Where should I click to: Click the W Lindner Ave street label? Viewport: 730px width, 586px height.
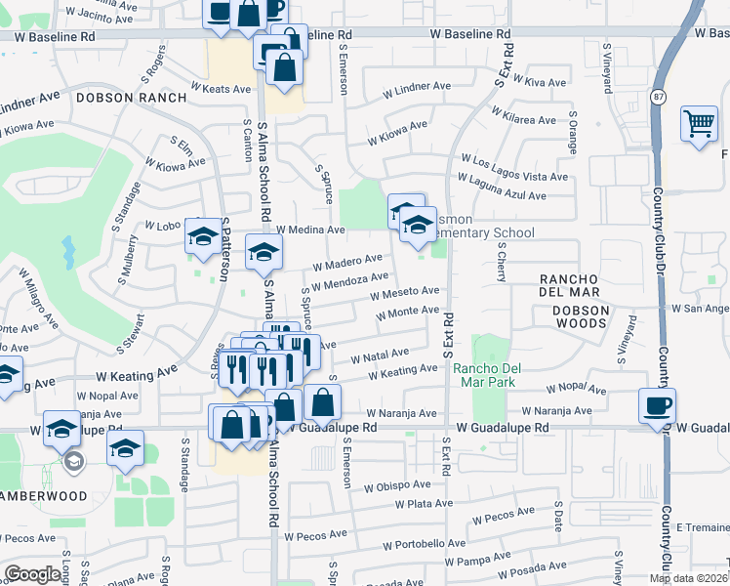coord(418,87)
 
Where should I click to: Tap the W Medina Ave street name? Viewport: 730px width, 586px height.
coord(311,230)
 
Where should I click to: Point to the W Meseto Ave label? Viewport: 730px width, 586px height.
coord(405,291)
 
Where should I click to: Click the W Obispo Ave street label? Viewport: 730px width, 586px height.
coord(397,485)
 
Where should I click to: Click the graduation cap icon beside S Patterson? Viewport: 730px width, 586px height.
coord(203,237)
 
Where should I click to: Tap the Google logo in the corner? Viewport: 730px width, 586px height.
coord(32,574)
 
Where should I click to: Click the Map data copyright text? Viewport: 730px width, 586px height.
coord(687,578)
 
